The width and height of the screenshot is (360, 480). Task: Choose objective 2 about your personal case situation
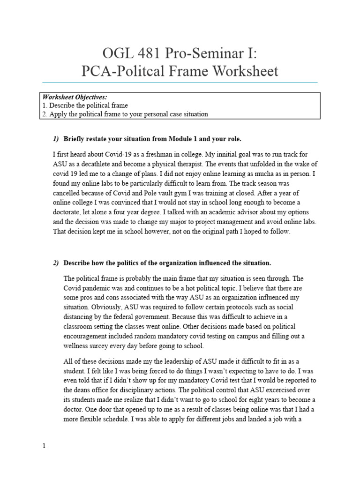click(x=125, y=114)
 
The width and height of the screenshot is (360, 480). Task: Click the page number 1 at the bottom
click(x=44, y=446)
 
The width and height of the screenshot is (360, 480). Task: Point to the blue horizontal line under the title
click(x=180, y=82)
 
